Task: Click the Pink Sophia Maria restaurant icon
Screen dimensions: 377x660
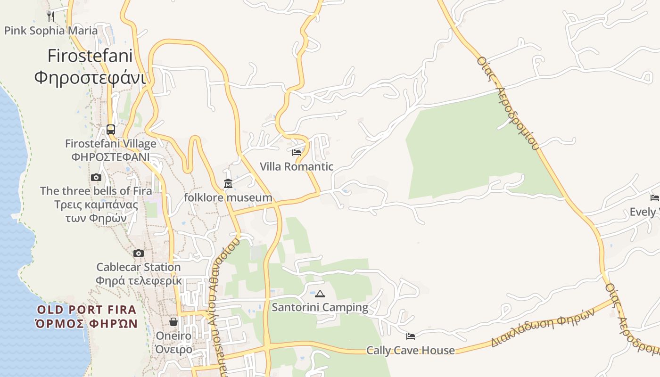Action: tap(51, 16)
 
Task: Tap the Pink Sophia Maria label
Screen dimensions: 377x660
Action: tap(51, 31)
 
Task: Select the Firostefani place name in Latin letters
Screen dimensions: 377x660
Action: tap(90, 56)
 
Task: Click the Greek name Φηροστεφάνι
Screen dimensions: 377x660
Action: tap(90, 77)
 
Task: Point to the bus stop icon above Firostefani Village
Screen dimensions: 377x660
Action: tap(111, 129)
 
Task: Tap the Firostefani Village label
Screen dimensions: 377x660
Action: tap(111, 143)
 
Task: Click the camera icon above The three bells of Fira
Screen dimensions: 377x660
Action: tap(96, 177)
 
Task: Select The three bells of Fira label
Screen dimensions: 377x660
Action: tap(96, 191)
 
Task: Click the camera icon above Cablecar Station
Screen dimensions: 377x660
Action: tap(139, 253)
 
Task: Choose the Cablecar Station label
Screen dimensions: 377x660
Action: tap(139, 267)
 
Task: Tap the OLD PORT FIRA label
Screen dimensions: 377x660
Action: tap(87, 310)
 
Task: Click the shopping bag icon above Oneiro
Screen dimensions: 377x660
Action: tap(173, 322)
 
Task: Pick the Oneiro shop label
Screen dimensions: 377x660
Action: tap(173, 336)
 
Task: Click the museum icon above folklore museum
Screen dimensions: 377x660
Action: tap(228, 184)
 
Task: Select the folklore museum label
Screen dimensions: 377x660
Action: tap(228, 198)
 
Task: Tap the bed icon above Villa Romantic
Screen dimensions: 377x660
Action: tap(297, 153)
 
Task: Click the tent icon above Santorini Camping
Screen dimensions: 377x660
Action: tap(320, 294)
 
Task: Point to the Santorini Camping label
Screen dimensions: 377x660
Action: tap(320, 308)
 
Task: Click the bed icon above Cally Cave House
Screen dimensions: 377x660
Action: tap(411, 336)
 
